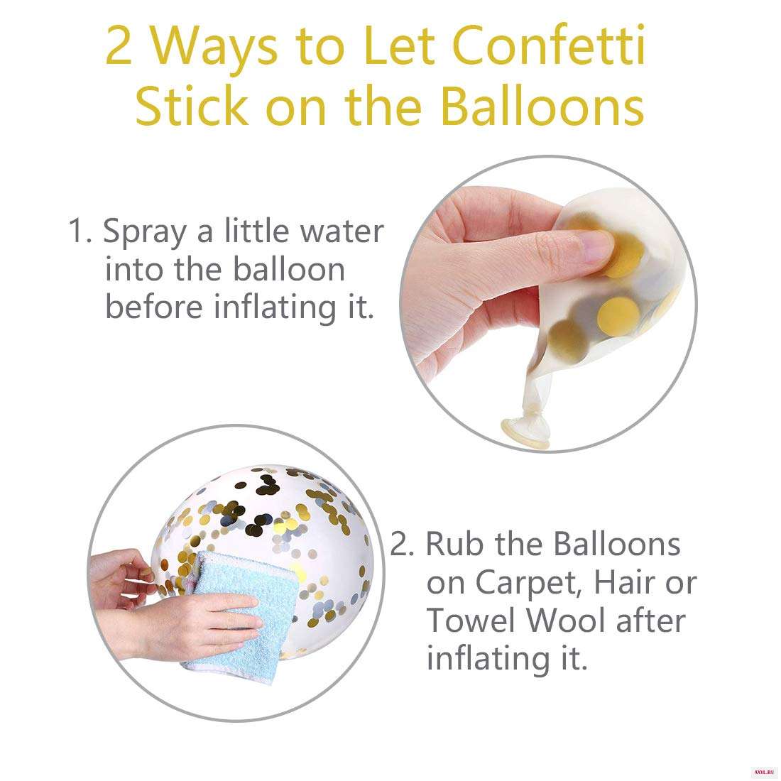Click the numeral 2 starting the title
[119, 46]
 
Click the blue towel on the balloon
[239, 613]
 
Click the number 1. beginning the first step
[80, 231]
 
